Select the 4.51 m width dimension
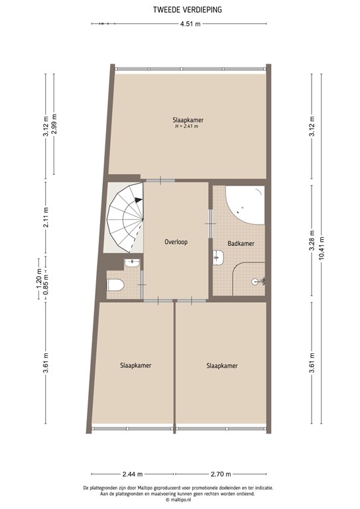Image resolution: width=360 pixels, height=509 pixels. pyautogui.click(x=190, y=25)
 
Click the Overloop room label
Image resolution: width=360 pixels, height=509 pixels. pyautogui.click(x=176, y=242)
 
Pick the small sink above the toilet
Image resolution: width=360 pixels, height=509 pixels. pyautogui.click(x=132, y=263)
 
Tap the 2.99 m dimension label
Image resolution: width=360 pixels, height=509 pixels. pyautogui.click(x=54, y=125)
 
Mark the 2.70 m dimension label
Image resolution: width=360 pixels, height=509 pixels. pyautogui.click(x=221, y=474)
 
